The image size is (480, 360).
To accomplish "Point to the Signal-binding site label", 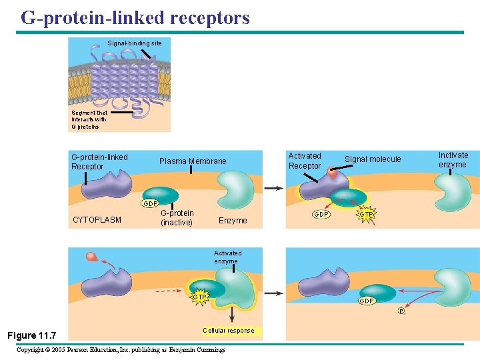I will pyautogui.click(x=134, y=43).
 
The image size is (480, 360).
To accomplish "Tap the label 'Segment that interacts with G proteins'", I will pyautogui.click(x=89, y=119).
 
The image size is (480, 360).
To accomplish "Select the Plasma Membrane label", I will pyautogui.click(x=193, y=161).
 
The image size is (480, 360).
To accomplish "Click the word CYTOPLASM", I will pyautogui.click(x=97, y=219).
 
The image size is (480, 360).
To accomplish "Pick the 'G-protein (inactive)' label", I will pyautogui.click(x=177, y=218).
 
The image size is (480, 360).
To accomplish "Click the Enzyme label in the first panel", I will pyautogui.click(x=233, y=221).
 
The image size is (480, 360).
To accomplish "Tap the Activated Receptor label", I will pyautogui.click(x=305, y=161).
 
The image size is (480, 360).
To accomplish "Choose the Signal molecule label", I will pyautogui.click(x=373, y=159).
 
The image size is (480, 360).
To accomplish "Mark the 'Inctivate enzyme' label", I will pyautogui.click(x=453, y=160).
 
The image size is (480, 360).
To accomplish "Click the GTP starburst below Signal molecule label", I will pyautogui.click(x=366, y=215).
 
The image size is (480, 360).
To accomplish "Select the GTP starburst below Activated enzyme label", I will pyautogui.click(x=199, y=297).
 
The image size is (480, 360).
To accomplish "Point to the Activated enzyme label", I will pyautogui.click(x=227, y=257).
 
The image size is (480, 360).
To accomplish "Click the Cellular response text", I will pyautogui.click(x=228, y=331).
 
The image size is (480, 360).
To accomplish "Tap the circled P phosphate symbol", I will pyautogui.click(x=401, y=311).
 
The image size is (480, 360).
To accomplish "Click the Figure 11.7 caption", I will pyautogui.click(x=32, y=335).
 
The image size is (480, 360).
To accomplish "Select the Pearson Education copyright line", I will pyautogui.click(x=121, y=350).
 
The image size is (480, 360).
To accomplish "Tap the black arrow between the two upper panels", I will pyautogui.click(x=273, y=189).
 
